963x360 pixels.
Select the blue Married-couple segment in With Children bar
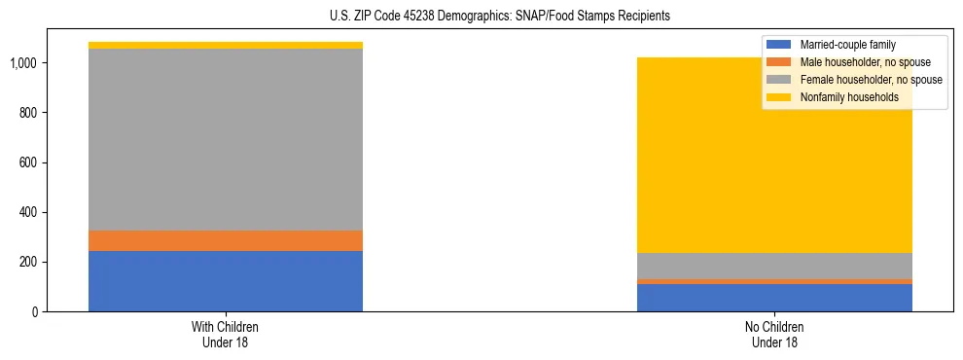point(226,281)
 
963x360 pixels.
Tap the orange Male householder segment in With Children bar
point(226,240)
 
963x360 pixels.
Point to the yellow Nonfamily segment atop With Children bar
point(226,46)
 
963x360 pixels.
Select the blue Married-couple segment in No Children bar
point(774,298)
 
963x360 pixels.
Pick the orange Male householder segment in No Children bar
point(774,282)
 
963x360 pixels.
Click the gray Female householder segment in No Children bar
point(774,266)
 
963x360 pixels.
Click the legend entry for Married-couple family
point(847,45)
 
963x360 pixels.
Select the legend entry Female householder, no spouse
point(871,80)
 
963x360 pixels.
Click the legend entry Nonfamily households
point(849,97)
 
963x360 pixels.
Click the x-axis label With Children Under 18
point(226,335)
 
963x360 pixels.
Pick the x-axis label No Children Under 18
point(774,335)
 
